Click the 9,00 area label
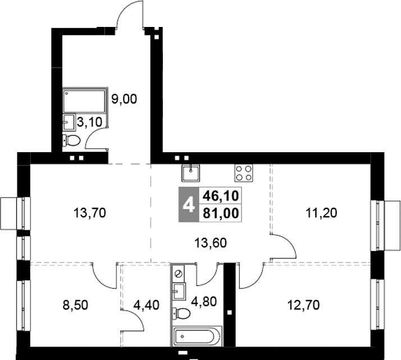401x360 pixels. coord(124,99)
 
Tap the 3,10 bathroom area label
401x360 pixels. coord(89,122)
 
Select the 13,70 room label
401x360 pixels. coord(89,213)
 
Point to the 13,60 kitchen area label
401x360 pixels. coord(211,243)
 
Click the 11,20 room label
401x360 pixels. coord(321,213)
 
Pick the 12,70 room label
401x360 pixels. coord(304,305)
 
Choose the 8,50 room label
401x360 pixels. coord(75,305)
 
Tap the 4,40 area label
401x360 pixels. coord(147,305)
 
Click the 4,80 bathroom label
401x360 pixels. coord(204,302)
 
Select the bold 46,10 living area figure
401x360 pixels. coord(221,196)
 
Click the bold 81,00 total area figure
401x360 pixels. coord(221,213)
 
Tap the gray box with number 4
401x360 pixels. coord(189,204)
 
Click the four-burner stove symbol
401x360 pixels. coord(244,173)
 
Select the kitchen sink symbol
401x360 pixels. coord(191,173)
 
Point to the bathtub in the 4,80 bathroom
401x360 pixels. coord(197,336)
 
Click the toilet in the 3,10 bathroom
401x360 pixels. coord(71,140)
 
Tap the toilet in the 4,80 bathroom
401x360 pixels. coord(181,313)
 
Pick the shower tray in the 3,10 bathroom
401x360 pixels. coord(84,101)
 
